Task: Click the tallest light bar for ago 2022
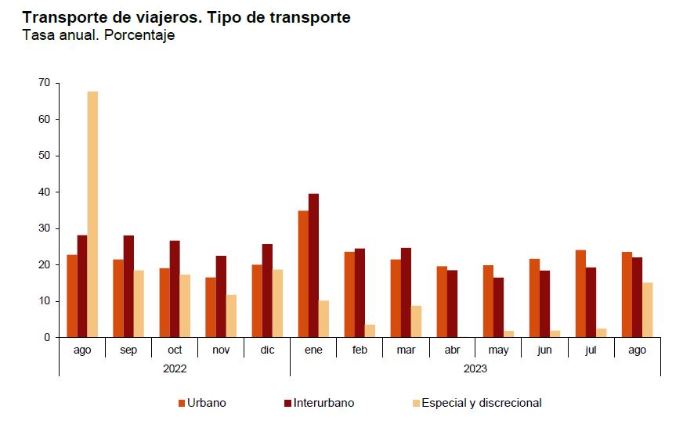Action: coord(92,214)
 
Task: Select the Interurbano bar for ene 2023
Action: coord(313,266)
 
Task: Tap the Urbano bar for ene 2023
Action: coord(303,274)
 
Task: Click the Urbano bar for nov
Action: coord(211,307)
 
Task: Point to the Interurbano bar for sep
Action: coord(128,286)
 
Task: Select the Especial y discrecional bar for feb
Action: coord(370,331)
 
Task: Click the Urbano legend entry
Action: coord(202,403)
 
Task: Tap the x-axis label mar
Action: coord(406,350)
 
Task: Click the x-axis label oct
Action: coord(175,350)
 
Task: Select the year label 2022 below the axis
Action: coord(174,368)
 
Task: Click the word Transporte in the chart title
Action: coord(63,16)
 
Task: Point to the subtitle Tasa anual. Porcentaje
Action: coord(98,35)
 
